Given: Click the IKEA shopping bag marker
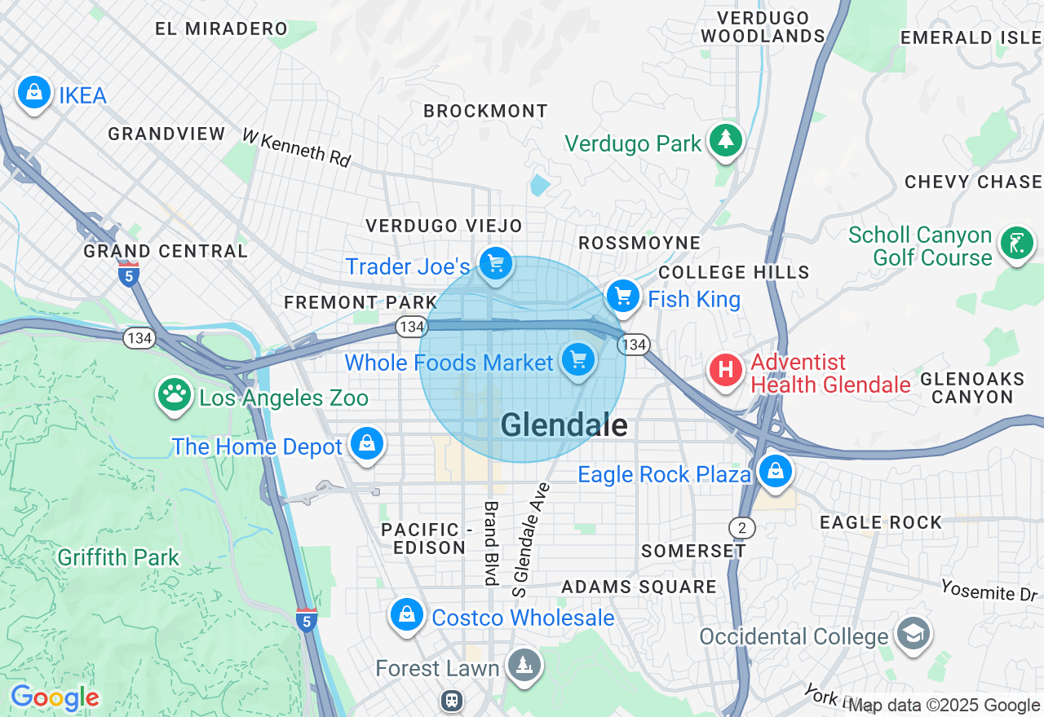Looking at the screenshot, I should [34, 93].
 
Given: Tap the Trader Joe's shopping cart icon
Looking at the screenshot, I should [495, 264].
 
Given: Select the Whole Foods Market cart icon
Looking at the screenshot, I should [578, 359].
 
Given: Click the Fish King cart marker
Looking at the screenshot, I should [624, 297].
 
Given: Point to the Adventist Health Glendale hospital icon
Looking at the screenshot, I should [725, 371].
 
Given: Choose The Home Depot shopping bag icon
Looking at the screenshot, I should [367, 444].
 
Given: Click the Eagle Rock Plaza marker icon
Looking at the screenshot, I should [775, 471].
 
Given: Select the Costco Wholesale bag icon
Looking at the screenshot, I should [406, 615].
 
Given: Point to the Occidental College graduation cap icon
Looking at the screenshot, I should [913, 634].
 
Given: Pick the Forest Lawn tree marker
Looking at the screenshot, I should [523, 666].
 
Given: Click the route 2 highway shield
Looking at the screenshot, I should [742, 527].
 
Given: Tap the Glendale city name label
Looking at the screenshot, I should [564, 424].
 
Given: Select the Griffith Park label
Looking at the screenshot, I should [118, 557].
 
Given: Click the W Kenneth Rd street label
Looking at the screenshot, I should [297, 147].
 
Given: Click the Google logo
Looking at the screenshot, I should [55, 697].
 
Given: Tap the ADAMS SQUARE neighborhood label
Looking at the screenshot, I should [639, 587].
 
